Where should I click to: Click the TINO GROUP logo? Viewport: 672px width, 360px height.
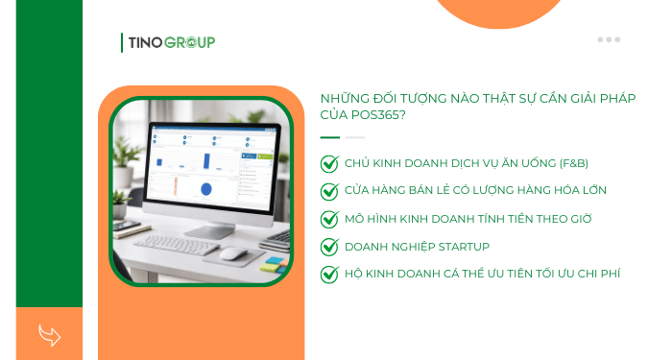pos(169,42)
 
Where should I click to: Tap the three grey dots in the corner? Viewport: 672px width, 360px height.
pos(609,39)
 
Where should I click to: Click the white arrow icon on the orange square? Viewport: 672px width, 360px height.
pos(49,335)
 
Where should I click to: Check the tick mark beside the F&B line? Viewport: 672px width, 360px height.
pos(329,164)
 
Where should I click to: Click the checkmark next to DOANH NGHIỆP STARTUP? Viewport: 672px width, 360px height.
pos(329,247)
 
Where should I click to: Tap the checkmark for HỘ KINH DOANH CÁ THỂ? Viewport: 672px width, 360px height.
pos(329,275)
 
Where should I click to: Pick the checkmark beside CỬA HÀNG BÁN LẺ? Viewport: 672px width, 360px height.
pos(329,191)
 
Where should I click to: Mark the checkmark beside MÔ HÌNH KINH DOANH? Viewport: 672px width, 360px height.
pos(329,219)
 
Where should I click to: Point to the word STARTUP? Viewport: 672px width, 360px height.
pos(464,247)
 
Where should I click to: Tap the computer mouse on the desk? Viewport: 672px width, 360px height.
pos(233,253)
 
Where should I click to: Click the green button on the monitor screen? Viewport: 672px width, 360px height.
pos(252,156)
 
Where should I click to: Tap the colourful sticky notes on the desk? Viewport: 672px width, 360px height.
pos(276,261)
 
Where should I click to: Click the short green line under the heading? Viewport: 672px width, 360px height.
pos(329,137)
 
